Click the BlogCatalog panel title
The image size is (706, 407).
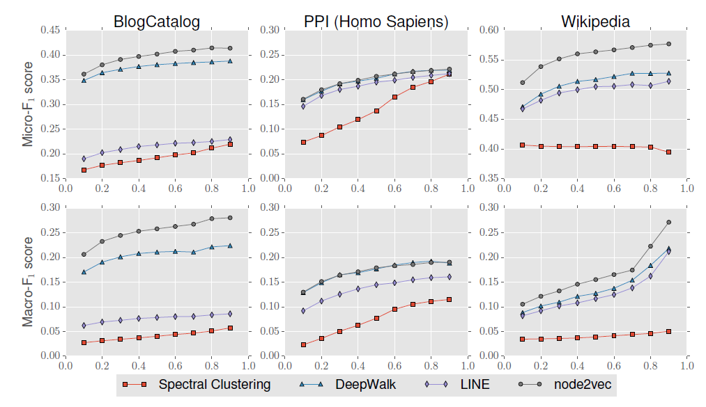[157, 22]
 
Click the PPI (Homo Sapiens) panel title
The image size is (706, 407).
[376, 22]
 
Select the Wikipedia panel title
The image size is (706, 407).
[595, 22]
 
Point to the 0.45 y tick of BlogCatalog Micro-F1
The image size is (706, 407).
[49, 30]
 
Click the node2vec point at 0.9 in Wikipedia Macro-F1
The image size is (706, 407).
[668, 222]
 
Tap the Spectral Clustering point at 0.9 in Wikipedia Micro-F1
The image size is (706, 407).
[668, 152]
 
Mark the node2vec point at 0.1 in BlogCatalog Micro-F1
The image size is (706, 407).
[84, 74]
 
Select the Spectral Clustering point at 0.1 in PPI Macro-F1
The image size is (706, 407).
[303, 344]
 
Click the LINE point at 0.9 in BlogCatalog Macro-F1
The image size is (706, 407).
[230, 313]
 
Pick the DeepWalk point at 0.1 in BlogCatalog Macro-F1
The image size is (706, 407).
[84, 272]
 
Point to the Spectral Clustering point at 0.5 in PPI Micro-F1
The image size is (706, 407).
[376, 111]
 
